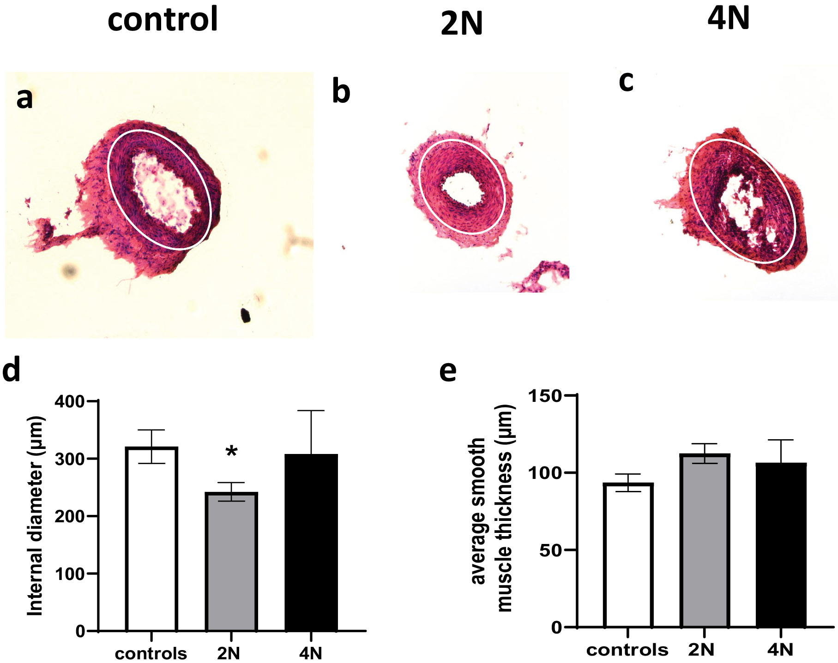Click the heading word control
pos(163,19)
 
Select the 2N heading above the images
pos(461,24)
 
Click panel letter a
pos(25,98)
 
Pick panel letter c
pos(626,81)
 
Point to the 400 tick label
pos(70,401)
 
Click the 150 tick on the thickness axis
pos(545,396)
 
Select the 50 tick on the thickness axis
pos(551,550)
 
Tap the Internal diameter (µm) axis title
pos(35,516)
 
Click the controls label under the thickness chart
pos(627,650)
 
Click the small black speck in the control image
pos(246,316)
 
